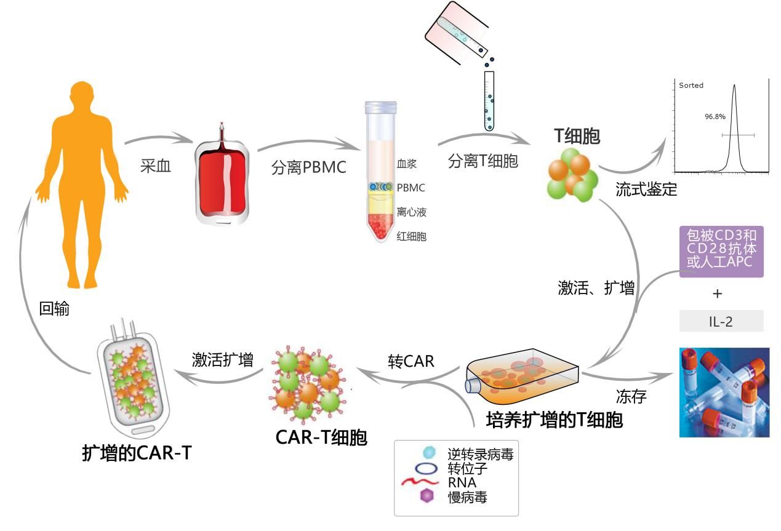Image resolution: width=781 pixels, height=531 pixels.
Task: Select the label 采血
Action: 155,166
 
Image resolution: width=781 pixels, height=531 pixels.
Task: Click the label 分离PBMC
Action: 308,168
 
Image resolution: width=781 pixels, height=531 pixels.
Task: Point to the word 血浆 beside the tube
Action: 407,164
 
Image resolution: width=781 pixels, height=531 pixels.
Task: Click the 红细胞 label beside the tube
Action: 412,236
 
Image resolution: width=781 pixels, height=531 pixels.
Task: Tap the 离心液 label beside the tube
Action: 412,212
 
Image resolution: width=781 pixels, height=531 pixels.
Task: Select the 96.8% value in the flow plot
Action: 715,116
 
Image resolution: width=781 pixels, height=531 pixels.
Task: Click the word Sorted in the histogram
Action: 691,86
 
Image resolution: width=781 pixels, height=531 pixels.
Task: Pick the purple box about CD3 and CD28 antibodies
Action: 721,252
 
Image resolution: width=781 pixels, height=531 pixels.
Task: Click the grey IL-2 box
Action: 721,321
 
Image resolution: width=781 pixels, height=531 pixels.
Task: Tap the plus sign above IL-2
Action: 717,293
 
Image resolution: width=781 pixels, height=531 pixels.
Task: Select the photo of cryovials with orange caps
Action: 724,392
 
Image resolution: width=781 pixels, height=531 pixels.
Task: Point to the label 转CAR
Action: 411,361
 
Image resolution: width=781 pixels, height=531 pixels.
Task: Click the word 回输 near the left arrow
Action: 54,309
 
